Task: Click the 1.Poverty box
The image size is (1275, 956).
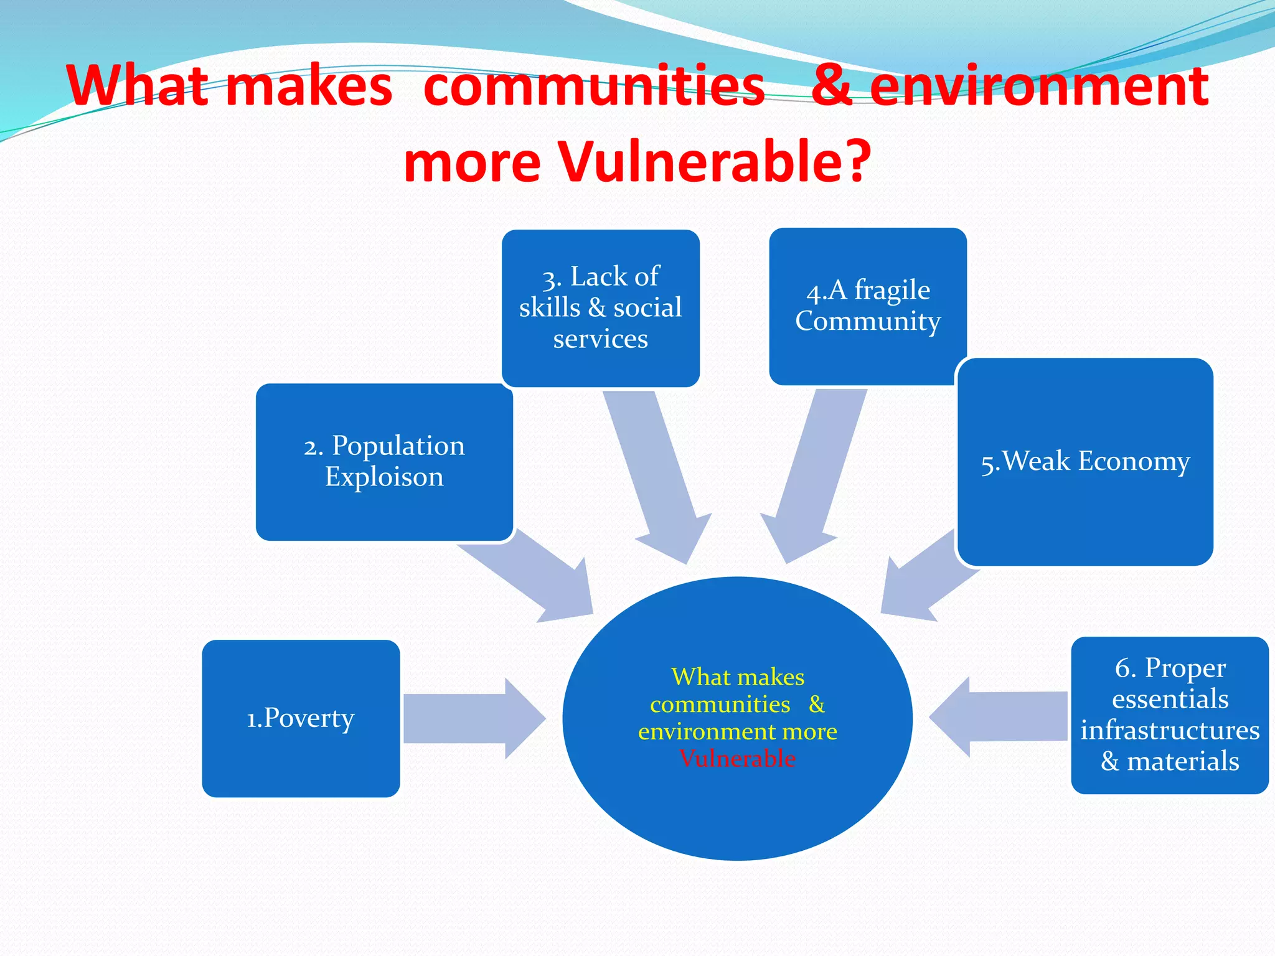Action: (x=301, y=718)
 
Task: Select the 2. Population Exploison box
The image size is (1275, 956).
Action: (x=384, y=462)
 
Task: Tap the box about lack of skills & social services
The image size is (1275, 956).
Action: (x=600, y=308)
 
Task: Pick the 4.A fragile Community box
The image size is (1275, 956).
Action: (x=867, y=306)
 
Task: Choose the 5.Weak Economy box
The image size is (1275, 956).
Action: (x=1085, y=461)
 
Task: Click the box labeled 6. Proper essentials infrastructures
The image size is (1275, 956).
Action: (x=1169, y=715)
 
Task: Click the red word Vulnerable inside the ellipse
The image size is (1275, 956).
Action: (x=737, y=759)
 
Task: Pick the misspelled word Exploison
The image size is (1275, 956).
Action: (x=384, y=477)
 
